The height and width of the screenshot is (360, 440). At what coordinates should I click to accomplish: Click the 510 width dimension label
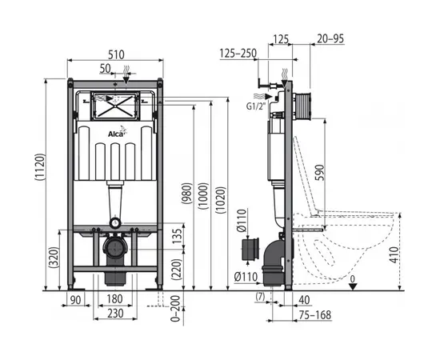click(116, 54)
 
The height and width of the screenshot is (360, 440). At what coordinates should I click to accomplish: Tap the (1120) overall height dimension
click(40, 166)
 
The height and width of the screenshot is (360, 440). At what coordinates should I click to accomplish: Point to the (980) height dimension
click(187, 194)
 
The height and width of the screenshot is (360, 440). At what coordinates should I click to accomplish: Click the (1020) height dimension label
click(221, 200)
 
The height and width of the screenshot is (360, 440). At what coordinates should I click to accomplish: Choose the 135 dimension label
click(177, 236)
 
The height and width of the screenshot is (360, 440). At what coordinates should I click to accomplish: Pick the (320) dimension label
click(54, 257)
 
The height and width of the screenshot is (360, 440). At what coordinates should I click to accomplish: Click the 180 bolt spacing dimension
click(114, 299)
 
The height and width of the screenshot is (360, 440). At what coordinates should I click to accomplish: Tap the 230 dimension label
click(115, 313)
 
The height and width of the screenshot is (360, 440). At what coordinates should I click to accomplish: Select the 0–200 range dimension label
click(176, 308)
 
